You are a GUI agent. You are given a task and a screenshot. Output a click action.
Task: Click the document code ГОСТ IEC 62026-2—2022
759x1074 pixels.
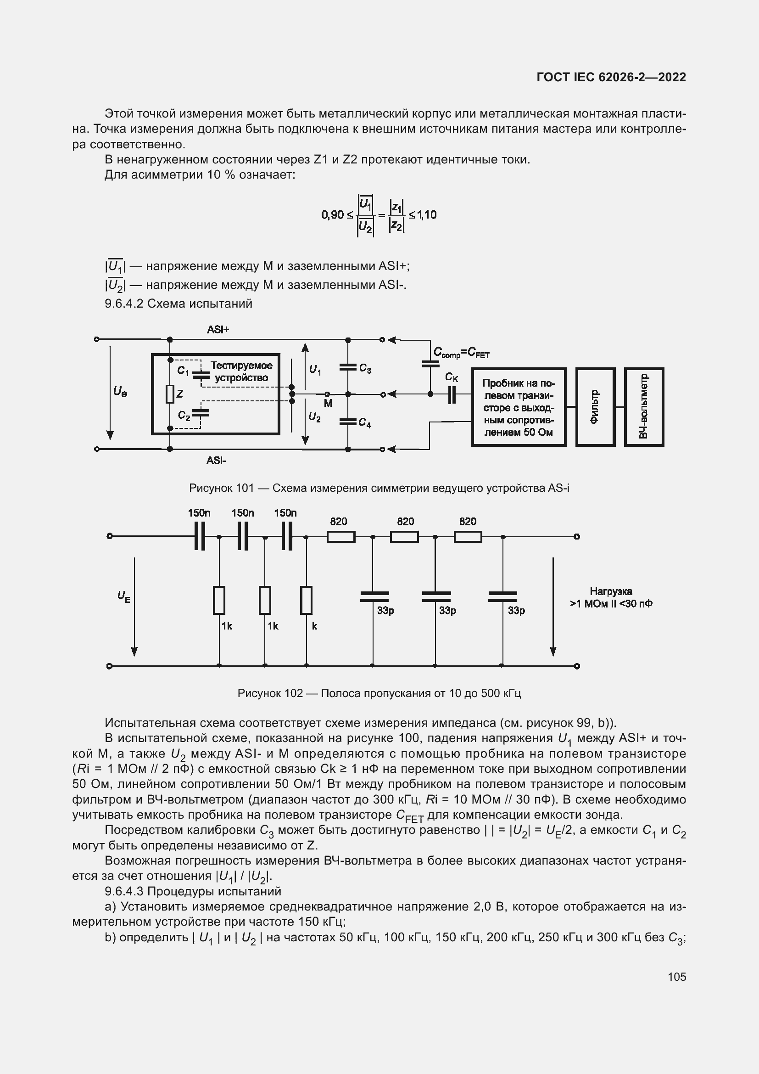coord(611,77)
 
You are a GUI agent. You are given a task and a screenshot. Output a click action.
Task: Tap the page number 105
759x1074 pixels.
coord(677,977)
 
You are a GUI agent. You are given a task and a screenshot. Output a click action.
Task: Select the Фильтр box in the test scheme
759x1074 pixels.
coord(595,407)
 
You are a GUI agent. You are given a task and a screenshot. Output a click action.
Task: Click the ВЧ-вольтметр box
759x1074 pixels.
coord(644,407)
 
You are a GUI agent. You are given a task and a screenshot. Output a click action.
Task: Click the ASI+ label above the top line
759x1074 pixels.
coord(218,330)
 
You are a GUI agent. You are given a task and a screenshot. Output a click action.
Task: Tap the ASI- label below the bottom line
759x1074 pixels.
coord(216,461)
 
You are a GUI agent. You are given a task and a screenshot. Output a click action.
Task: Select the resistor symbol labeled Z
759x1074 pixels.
coord(170,394)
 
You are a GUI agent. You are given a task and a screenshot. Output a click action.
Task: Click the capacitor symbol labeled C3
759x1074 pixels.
coord(348,367)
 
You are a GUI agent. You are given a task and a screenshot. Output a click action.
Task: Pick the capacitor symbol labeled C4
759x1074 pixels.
coord(348,422)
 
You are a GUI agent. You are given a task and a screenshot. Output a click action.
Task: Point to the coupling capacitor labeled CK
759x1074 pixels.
coord(452,394)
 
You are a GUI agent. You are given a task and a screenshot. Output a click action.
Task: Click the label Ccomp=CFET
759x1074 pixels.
coord(461,353)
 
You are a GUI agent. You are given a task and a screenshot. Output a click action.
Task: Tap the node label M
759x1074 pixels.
coord(328,403)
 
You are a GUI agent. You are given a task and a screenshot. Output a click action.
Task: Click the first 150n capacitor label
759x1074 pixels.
coord(199,513)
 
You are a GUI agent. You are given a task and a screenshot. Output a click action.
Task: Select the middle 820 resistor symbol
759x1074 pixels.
coord(404,536)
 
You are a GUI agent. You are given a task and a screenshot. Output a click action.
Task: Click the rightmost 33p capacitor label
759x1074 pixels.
coord(516,610)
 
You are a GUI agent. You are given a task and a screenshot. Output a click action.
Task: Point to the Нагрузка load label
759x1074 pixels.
coord(611,597)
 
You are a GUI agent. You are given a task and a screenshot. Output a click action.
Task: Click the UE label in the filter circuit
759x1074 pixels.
coord(124,596)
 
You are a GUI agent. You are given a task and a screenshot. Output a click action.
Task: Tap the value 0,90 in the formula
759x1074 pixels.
coord(332,215)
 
